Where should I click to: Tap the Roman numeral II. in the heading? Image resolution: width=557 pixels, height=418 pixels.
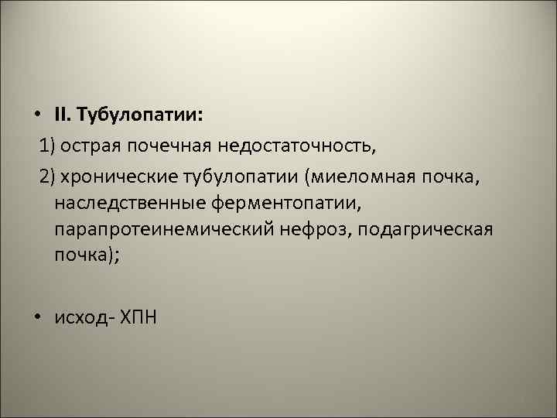pyautogui.click(x=63, y=115)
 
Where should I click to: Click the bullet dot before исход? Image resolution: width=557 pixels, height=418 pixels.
pyautogui.click(x=36, y=318)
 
